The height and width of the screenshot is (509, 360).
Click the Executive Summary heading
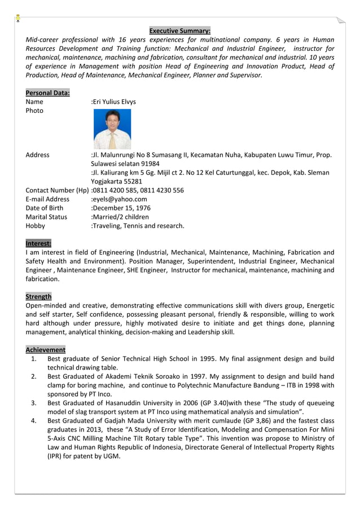(x=179, y=30)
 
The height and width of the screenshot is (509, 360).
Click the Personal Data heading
(x=47, y=93)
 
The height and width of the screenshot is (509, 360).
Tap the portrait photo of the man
(x=112, y=129)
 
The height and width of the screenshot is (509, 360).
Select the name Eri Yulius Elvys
(x=114, y=102)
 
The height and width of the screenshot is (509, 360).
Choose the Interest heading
(x=38, y=243)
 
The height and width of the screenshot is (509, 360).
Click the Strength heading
(x=38, y=296)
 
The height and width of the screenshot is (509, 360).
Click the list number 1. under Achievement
(x=34, y=359)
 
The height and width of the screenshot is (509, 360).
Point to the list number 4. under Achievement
(x=34, y=420)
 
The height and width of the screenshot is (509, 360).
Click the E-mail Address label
(x=47, y=199)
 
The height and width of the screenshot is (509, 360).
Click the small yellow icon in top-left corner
(x=18, y=18)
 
